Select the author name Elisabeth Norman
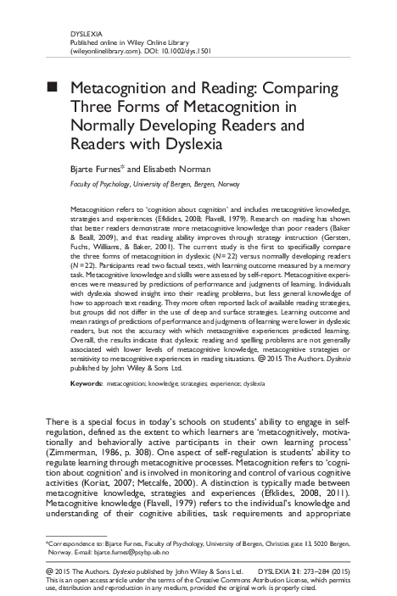pyautogui.click(x=176, y=168)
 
